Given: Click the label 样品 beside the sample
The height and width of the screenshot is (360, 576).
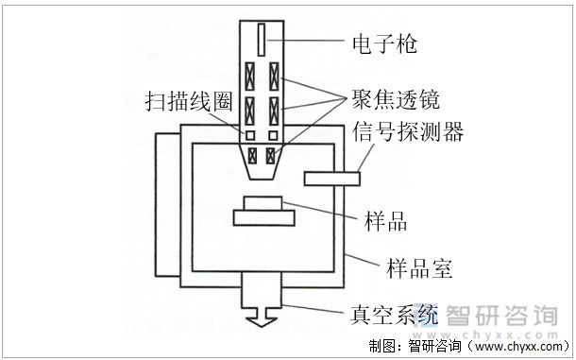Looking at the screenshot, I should click(385, 223).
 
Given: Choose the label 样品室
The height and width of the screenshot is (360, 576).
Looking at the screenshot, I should click(420, 267).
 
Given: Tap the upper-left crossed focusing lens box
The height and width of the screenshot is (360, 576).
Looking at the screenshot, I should click(251, 75).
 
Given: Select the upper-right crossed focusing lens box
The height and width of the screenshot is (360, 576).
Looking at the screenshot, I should click(275, 75).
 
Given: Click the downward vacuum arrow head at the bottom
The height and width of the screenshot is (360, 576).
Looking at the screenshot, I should click(261, 321).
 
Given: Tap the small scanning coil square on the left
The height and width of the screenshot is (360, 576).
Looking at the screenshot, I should click(251, 136).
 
